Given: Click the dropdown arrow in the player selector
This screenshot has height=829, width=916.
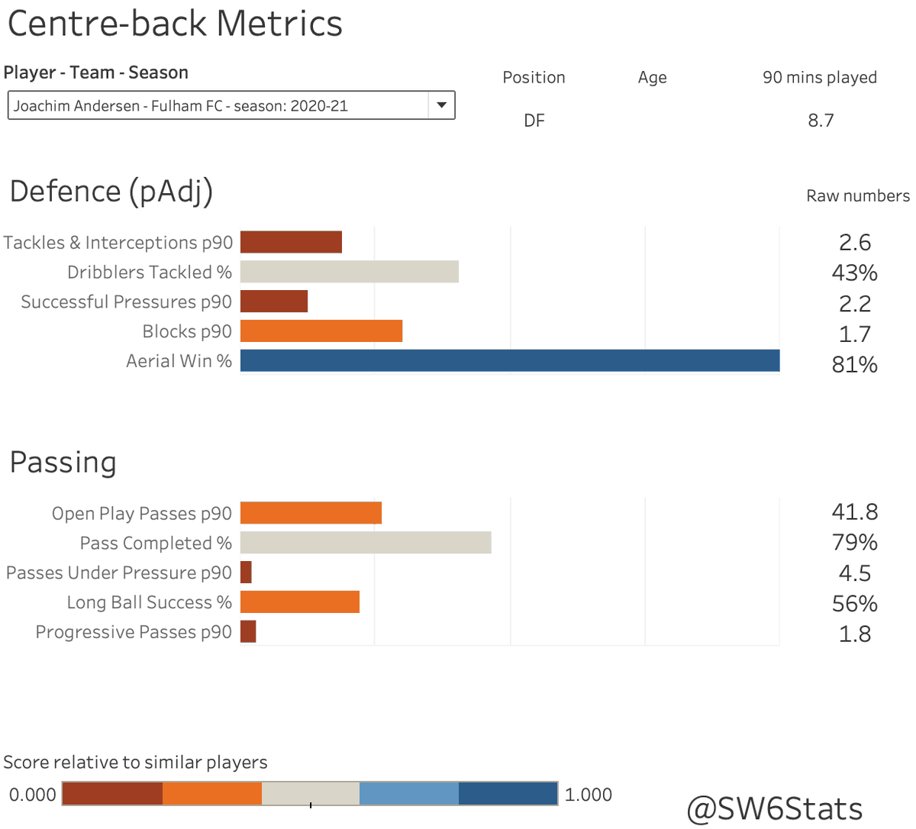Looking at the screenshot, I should click(x=441, y=105).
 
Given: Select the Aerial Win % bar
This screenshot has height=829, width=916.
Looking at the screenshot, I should click(x=510, y=361).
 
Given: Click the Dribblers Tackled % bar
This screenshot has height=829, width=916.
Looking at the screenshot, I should click(x=349, y=272).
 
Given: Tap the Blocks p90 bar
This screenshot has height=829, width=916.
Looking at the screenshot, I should click(x=321, y=331).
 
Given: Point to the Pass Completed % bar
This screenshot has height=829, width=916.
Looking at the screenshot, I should click(x=366, y=543).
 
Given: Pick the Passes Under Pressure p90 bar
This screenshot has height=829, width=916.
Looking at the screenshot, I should click(x=246, y=573).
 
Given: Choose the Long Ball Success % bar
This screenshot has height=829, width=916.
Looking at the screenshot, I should click(x=299, y=602).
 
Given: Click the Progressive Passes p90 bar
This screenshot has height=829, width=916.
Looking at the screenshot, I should click(x=248, y=632).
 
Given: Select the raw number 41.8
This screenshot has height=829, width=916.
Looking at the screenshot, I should click(x=854, y=511).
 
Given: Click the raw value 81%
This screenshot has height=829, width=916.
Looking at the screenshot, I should click(x=854, y=365).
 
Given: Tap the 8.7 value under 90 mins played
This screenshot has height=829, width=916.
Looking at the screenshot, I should click(x=821, y=121).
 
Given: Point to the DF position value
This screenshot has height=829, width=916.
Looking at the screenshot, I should click(x=534, y=121).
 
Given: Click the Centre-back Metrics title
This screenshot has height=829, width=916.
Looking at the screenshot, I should click(x=175, y=24).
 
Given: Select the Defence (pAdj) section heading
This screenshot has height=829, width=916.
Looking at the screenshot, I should click(x=111, y=192).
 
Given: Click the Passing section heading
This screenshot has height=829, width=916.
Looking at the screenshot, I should click(x=63, y=463).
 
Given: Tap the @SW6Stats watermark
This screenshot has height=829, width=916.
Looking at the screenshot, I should click(x=774, y=808).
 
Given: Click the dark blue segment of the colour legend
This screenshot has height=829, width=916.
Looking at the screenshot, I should click(x=508, y=794).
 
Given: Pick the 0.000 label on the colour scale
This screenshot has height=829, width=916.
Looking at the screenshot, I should click(x=32, y=795).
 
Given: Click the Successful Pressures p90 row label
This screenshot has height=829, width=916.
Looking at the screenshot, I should click(x=126, y=302).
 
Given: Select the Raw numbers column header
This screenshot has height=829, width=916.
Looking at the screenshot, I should click(x=857, y=196).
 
